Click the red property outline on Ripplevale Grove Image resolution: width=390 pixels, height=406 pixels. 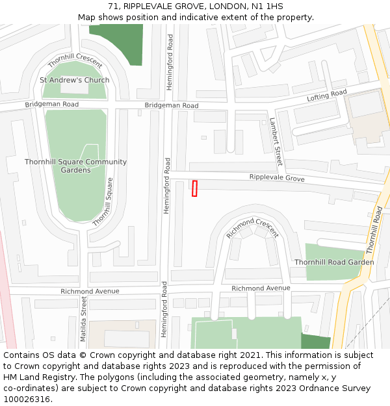(x=194, y=188)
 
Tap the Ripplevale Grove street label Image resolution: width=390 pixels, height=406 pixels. (x=277, y=177)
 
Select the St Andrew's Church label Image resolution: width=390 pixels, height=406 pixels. (x=75, y=80)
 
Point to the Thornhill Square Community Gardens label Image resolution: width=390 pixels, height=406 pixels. (x=75, y=166)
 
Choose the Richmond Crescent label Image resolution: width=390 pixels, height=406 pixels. (x=252, y=227)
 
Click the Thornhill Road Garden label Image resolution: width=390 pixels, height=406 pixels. (x=334, y=262)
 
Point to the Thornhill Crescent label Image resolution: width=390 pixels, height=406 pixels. (x=75, y=60)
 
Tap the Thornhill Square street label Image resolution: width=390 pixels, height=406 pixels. (x=103, y=201)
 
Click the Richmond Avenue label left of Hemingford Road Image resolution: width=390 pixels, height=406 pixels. (x=90, y=292)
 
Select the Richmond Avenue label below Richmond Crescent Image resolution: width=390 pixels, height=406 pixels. (x=261, y=288)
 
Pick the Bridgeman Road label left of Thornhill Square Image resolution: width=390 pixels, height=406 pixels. (x=52, y=105)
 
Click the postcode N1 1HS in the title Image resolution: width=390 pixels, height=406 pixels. (x=267, y=6)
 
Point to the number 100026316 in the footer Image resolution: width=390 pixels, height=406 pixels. (x=27, y=400)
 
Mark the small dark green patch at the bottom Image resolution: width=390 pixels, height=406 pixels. (x=315, y=342)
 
